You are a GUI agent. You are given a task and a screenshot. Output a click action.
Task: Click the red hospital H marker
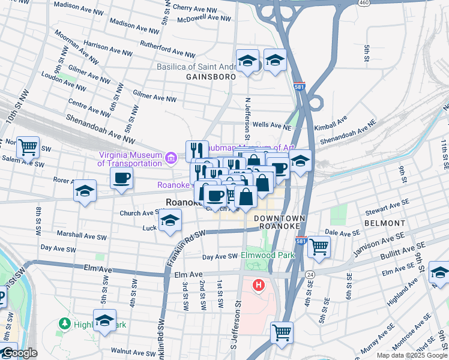pyautogui.click(x=259, y=284)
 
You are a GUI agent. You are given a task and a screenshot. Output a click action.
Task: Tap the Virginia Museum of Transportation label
pyautogui.click(x=130, y=158)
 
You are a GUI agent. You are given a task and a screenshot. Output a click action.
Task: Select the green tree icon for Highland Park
pyautogui.click(x=65, y=324)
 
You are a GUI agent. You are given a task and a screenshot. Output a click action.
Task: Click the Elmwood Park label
pyautogui.click(x=268, y=255)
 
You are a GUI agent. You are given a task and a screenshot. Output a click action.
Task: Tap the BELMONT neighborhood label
pyautogui.click(x=384, y=223)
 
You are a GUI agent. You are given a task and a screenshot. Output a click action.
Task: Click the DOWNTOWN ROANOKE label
pyautogui.click(x=279, y=222)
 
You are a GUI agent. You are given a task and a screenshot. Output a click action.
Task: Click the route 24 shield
pyautogui.click(x=310, y=274)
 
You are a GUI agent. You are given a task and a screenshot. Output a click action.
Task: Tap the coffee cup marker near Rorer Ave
pyautogui.click(x=121, y=178)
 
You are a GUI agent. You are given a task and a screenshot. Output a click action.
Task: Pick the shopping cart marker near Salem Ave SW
pyautogui.click(x=28, y=146)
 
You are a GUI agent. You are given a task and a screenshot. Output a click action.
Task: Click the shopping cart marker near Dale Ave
pyautogui.click(x=319, y=245)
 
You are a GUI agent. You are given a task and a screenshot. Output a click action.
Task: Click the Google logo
pyautogui.click(x=19, y=353)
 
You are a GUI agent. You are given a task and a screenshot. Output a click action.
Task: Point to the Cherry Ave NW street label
pyautogui.click(x=194, y=9)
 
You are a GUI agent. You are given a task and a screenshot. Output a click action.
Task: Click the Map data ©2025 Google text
pyautogui.click(x=411, y=355)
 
